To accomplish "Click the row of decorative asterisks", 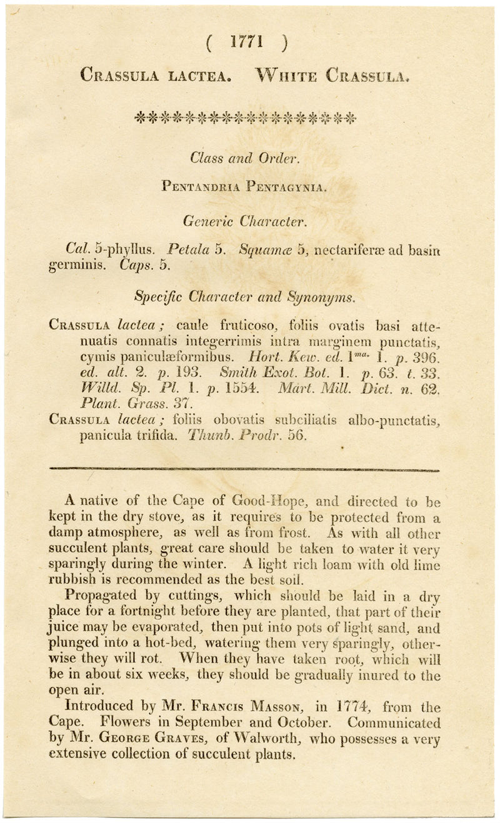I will (x=245, y=117).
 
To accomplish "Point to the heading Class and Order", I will (x=246, y=157).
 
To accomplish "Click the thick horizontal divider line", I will (x=244, y=469).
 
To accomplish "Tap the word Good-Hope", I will (x=267, y=501).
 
